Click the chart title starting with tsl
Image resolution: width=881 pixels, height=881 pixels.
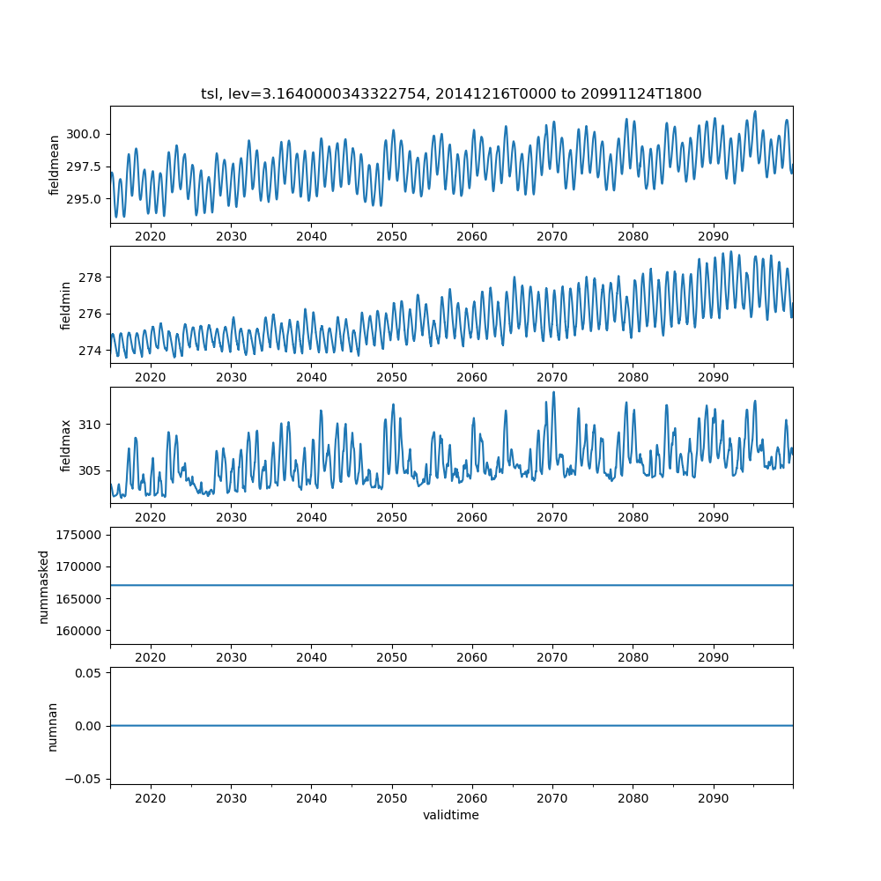451,94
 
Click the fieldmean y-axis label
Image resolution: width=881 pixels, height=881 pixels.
55,165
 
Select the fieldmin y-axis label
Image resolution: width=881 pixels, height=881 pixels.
65,305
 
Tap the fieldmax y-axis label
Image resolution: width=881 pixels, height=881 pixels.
65,446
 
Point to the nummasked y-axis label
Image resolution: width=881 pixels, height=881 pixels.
43,587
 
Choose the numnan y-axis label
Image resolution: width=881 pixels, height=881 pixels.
52,726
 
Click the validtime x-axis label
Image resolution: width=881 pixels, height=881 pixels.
451,816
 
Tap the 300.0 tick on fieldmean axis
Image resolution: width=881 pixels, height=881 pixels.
84,135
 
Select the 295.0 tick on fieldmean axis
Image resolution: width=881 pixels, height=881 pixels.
84,199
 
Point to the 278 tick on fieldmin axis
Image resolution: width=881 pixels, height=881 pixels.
90,278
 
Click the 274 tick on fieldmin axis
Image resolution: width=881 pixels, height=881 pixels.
90,351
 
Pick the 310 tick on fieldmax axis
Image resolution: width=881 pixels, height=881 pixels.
90,425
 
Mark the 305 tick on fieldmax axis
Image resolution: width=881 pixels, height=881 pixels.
90,470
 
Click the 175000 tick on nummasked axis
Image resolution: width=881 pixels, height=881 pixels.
78,535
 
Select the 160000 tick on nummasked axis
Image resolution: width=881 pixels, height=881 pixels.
78,631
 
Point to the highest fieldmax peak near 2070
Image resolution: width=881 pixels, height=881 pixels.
553,392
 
